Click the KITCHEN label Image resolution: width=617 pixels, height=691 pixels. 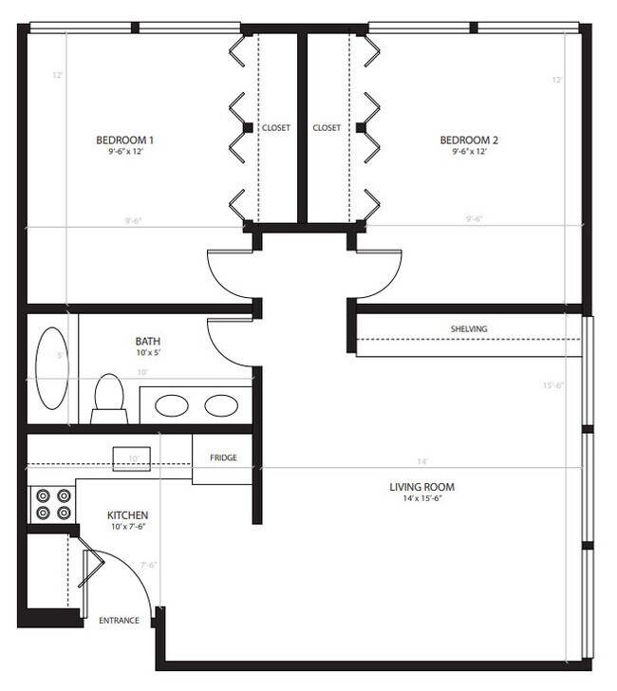pos(127,515)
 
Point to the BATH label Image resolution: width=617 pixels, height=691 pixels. pos(148,339)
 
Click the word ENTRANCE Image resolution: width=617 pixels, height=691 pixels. pos(119,621)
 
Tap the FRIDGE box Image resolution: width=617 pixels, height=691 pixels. pos(223,458)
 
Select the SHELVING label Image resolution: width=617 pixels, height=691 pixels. pos(469,329)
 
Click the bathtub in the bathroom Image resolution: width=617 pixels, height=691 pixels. pos(51,366)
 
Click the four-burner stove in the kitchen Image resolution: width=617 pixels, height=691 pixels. pos(53,503)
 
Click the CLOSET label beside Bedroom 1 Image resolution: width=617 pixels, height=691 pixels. pos(276,127)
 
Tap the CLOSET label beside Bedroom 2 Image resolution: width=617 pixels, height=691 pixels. pos(327,127)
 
